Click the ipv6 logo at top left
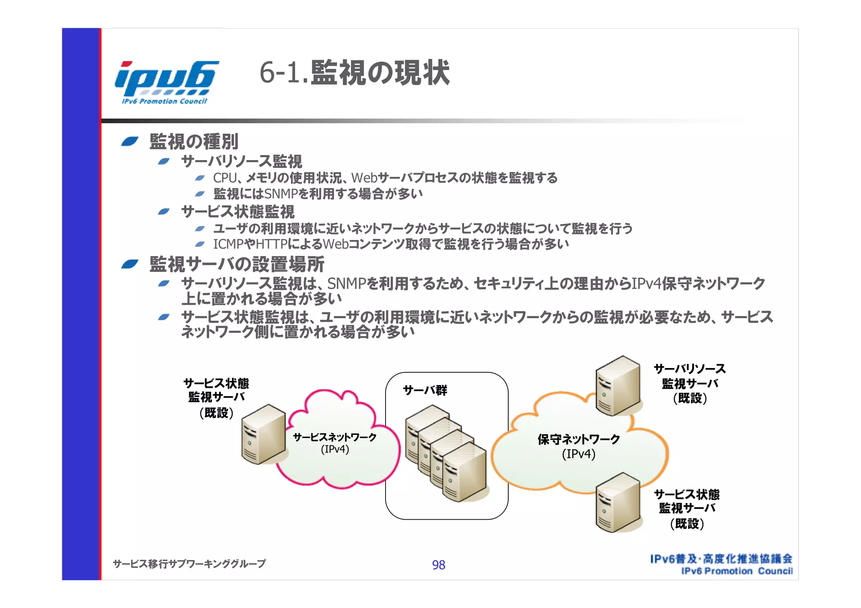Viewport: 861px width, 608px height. point(166,82)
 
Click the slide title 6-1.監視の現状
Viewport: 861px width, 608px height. point(354,73)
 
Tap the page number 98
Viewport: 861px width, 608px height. point(438,565)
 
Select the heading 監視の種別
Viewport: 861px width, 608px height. point(194,142)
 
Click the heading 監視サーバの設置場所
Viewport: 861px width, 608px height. point(237,264)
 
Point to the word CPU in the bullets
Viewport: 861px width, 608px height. point(225,178)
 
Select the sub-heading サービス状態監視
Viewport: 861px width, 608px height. point(238,212)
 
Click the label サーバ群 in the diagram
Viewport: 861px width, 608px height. point(425,390)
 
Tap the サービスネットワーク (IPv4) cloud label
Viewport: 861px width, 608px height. point(335,443)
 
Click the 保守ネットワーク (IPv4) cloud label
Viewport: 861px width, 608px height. point(578,446)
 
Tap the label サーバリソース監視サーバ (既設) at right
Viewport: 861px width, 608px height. point(689,383)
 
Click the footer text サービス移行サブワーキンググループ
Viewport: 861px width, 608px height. point(189,563)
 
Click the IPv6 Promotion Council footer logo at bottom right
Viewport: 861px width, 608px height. point(721,564)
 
